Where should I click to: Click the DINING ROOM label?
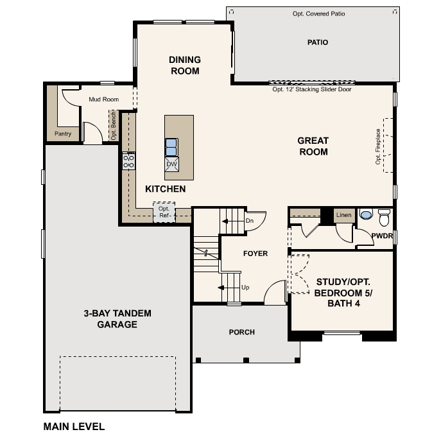[185, 65]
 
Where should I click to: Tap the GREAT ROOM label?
[313, 146]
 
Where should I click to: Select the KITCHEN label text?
[165, 189]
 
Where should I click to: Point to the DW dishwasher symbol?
[171, 164]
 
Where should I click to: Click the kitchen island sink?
[171, 147]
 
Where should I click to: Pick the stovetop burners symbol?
[129, 160]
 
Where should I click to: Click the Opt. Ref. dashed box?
[164, 212]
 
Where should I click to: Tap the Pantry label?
[63, 134]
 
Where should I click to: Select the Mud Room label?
[103, 99]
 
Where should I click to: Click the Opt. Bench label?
[114, 125]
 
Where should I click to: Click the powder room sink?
[366, 214]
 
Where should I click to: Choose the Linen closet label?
[344, 215]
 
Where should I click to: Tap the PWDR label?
[382, 236]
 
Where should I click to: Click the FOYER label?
[255, 254]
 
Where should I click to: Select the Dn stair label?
[250, 221]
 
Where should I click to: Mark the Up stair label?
[245, 287]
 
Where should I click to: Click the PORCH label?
[241, 332]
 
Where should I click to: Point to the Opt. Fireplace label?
[378, 146]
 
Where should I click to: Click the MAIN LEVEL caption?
[74, 426]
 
